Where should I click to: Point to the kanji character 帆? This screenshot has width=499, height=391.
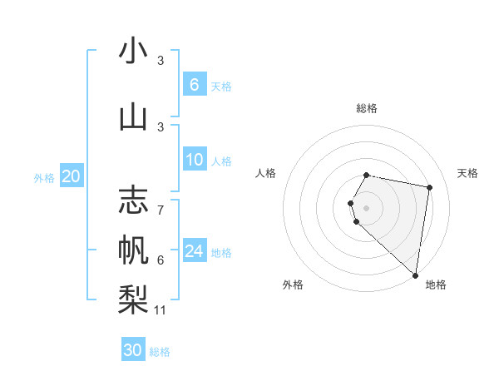(133, 249)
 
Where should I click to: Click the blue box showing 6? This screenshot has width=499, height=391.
(194, 84)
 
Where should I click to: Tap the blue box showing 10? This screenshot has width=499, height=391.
(194, 160)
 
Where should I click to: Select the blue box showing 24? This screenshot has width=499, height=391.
(194, 251)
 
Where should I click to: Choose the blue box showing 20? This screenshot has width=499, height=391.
(72, 176)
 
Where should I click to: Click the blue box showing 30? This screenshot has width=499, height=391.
(133, 350)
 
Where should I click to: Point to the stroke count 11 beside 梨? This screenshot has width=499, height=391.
(161, 310)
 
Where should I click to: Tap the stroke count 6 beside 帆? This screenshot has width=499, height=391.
(161, 260)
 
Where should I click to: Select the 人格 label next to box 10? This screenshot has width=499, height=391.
(221, 161)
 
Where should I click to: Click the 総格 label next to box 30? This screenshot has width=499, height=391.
(160, 352)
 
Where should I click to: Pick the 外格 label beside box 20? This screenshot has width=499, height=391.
(44, 177)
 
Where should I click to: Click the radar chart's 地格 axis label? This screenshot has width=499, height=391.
(436, 285)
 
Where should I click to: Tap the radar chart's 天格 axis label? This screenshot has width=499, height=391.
(467, 173)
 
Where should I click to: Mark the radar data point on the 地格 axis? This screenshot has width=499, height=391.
(415, 275)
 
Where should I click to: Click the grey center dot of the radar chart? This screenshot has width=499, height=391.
(366, 207)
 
